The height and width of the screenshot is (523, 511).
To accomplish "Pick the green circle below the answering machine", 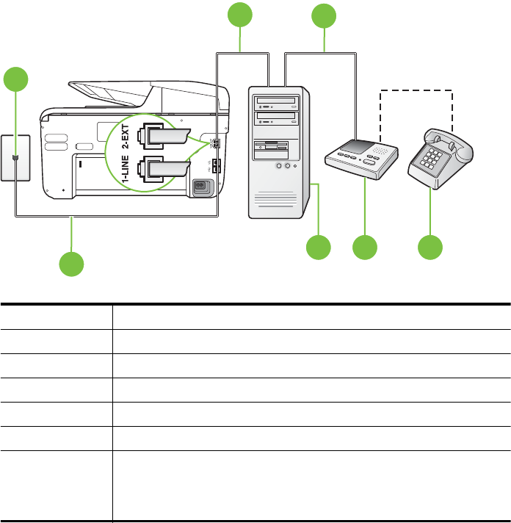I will (x=365, y=248).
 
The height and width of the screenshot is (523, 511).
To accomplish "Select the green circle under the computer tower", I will (x=319, y=248).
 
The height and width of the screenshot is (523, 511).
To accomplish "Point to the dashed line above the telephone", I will (x=416, y=91).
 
